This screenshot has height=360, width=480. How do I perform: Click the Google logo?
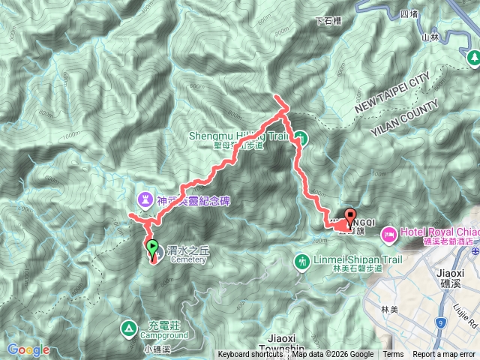click(28, 349)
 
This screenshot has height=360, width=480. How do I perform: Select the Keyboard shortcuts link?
click(250, 355)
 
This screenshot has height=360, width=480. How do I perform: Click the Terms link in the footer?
click(393, 355)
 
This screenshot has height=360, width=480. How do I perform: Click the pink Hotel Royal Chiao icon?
click(390, 233)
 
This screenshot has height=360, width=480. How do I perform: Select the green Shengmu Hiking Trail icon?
click(300, 137)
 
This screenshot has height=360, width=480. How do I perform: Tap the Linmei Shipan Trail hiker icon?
click(301, 261)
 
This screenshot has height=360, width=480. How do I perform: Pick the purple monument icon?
click(143, 199)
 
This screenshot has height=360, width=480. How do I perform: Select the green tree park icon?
click(472, 57)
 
